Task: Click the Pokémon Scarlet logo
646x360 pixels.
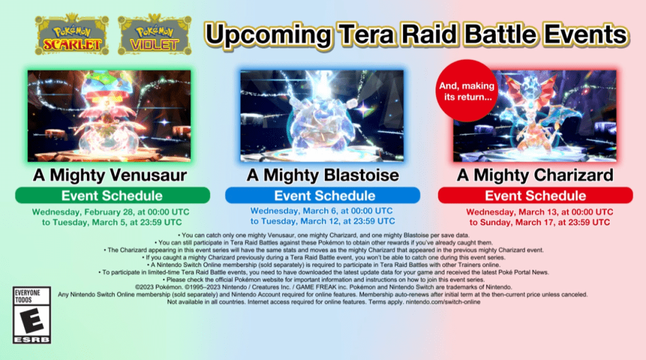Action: tap(72, 35)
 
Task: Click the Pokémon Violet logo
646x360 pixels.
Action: tap(155, 35)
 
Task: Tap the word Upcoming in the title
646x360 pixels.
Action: tap(269, 35)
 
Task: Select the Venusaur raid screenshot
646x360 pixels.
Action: tap(109, 116)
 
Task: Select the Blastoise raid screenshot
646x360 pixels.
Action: tap(322, 116)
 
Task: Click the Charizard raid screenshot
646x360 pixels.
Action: tap(535, 116)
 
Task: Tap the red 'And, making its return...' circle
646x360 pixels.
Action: tap(467, 91)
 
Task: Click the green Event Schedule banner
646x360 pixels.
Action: tap(112, 195)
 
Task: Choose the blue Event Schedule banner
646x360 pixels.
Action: tap(322, 195)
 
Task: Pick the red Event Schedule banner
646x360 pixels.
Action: tap(535, 195)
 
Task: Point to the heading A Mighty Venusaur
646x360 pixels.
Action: tap(110, 175)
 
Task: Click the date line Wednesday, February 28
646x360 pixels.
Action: tap(111, 212)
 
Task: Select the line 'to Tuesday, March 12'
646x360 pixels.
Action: tap(322, 221)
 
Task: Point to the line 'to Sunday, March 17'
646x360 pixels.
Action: tap(539, 223)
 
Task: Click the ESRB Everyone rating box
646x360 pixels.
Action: tap(32, 315)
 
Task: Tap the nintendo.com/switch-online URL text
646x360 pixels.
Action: tap(443, 302)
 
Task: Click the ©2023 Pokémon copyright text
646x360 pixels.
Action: tap(158, 287)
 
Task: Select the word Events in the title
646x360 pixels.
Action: tap(586, 35)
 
